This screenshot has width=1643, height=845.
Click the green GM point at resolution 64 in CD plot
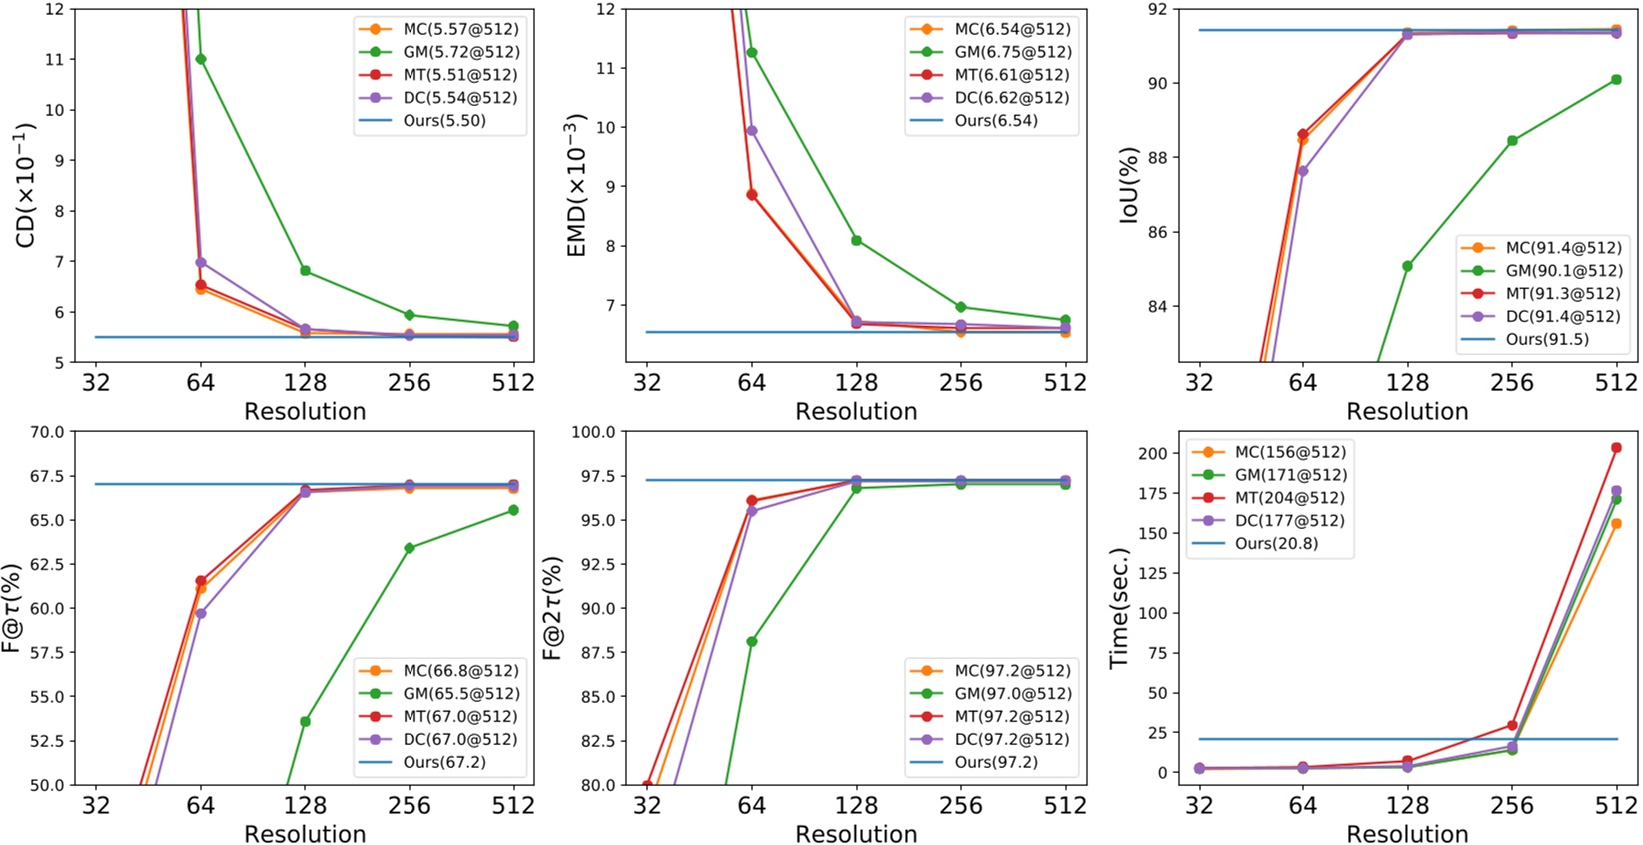point(201,59)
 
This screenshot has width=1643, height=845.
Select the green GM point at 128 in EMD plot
point(856,240)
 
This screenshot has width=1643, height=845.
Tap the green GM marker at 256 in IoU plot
point(1512,141)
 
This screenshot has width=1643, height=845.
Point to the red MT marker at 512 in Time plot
point(1616,448)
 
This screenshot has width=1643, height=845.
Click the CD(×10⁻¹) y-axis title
point(25,185)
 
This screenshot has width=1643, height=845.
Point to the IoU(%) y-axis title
point(1129,185)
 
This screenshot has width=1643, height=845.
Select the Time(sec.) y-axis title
point(1119,608)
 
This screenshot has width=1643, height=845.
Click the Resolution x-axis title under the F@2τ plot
point(856,834)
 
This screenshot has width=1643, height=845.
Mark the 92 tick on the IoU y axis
point(1159,10)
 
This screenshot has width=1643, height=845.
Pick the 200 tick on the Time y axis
point(1151,453)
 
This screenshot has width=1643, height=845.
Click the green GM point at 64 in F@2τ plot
point(752,642)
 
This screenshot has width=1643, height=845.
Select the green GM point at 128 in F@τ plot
point(305,721)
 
